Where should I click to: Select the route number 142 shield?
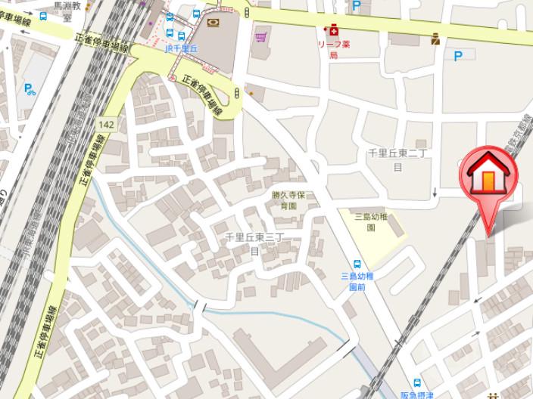107,124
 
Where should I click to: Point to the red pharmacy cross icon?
331,31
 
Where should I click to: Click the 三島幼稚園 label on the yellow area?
370,221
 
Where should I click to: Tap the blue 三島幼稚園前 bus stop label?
357,281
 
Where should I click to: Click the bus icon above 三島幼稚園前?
357,264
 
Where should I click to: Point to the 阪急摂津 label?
417,394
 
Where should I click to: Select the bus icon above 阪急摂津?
417,382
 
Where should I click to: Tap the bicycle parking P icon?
30,89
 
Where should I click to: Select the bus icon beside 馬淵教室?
43,15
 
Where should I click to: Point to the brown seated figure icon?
435,39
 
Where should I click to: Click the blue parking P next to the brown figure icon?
457,55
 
